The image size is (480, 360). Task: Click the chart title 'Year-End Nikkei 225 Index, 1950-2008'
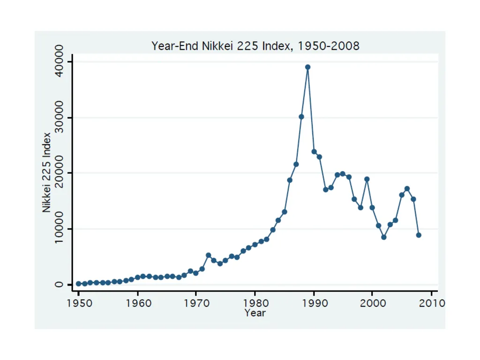click(x=255, y=46)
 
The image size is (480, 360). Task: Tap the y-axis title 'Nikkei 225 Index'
click(x=46, y=172)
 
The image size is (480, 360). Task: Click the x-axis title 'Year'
click(x=255, y=313)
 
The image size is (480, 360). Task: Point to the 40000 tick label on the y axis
click(x=59, y=61)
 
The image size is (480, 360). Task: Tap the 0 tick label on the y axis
click(x=59, y=285)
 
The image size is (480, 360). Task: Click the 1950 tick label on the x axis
click(x=79, y=303)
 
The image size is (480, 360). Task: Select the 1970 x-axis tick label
click(x=196, y=303)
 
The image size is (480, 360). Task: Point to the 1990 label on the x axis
click(x=314, y=303)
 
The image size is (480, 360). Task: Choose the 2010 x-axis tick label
click(x=432, y=303)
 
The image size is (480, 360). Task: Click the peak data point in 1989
click(x=307, y=67)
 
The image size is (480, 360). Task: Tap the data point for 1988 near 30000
click(x=301, y=117)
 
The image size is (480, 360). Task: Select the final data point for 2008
click(x=419, y=235)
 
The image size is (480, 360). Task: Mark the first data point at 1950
click(x=79, y=284)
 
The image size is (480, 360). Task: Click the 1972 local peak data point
click(x=209, y=255)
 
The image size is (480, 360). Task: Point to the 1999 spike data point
click(x=367, y=179)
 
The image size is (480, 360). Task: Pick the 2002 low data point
click(x=384, y=237)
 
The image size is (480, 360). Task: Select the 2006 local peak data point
click(x=407, y=188)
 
